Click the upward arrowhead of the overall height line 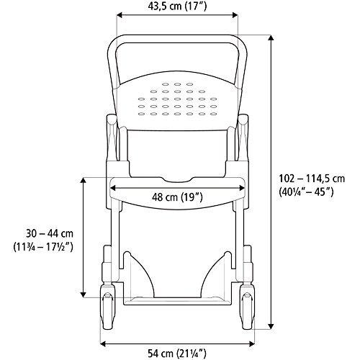tap(272, 37)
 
